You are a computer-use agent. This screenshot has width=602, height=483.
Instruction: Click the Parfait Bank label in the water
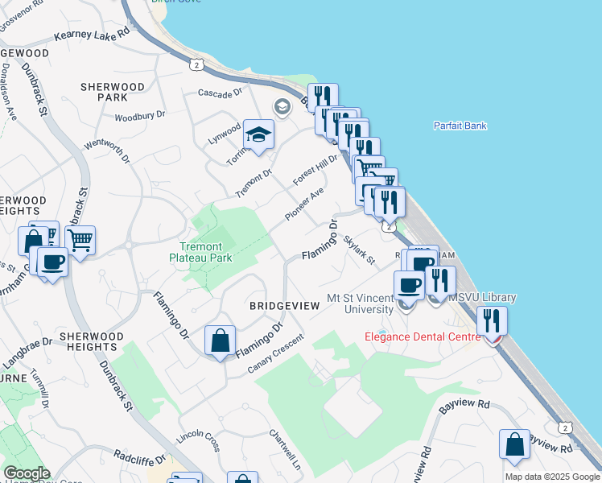(x=460, y=126)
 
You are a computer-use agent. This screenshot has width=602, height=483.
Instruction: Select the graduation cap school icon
(x=260, y=134)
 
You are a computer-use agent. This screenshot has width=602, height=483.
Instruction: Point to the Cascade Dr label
(x=221, y=93)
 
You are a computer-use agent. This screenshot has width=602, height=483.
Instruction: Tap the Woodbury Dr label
(x=139, y=116)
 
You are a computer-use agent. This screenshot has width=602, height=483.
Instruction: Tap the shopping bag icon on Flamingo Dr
(x=220, y=341)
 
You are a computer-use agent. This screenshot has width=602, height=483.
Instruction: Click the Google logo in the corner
(x=26, y=473)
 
